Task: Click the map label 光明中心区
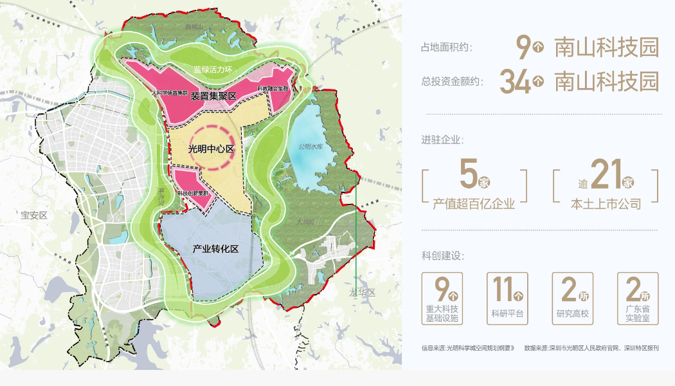point(210,149)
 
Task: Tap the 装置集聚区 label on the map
point(213,96)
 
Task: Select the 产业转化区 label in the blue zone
point(215,248)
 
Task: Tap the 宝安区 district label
point(34,216)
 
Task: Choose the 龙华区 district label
point(362,292)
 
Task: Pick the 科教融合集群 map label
point(273,88)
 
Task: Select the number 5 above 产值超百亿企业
point(469,174)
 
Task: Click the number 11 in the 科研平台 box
point(501,290)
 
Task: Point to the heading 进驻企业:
point(442,140)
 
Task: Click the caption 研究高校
point(572,315)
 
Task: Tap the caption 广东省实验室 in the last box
point(637,314)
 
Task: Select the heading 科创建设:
point(442,256)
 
